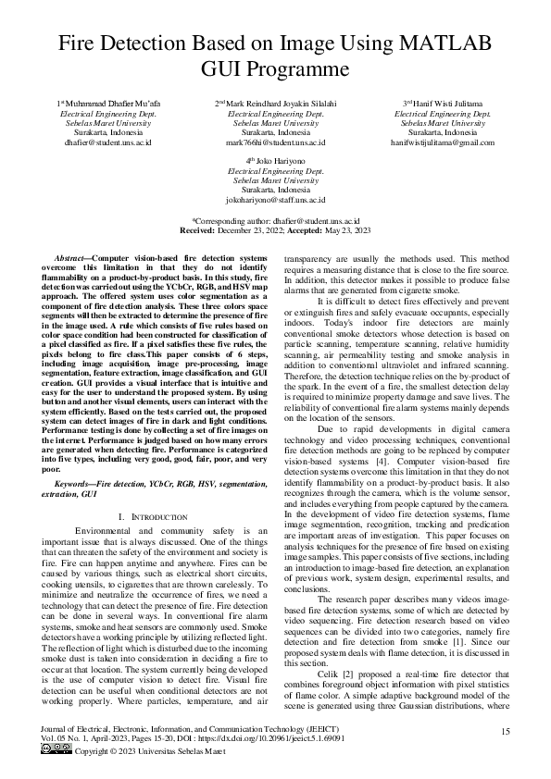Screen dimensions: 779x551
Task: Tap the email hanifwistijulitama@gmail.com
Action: (443, 142)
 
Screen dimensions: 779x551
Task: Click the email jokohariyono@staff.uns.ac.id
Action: (275, 200)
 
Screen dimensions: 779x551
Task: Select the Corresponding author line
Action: (275, 221)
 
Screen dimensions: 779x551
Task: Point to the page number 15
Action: (506, 732)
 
